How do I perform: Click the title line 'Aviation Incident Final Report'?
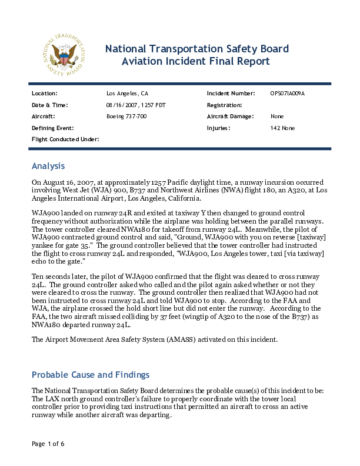(195, 61)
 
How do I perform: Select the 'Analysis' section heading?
(48, 166)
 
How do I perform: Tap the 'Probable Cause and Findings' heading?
(91, 375)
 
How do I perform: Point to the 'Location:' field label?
(45, 94)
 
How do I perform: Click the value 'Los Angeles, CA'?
(127, 94)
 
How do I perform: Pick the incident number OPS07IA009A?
(288, 94)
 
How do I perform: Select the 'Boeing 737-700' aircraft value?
(126, 116)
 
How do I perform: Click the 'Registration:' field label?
(225, 105)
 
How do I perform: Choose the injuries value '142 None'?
(283, 128)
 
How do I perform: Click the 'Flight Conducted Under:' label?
(65, 139)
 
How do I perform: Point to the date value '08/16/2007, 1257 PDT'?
(137, 105)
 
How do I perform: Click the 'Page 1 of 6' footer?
(48, 443)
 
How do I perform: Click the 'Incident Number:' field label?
(231, 94)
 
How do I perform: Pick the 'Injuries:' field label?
(219, 128)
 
